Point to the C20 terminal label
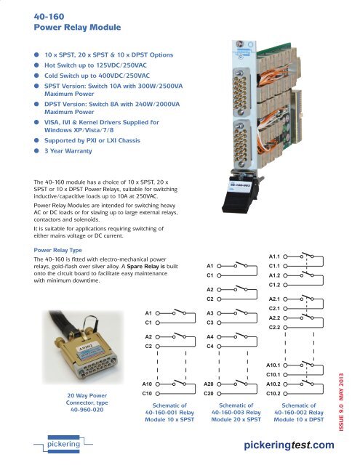click(208, 394)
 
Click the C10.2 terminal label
click(274, 394)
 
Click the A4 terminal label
click(210, 337)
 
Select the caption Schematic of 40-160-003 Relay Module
click(230, 413)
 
